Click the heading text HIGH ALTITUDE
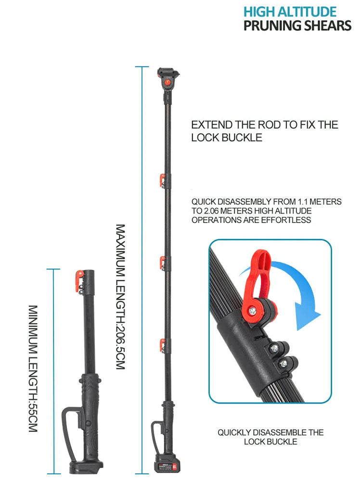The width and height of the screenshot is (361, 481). click(x=290, y=12)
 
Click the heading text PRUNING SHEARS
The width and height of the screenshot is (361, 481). click(x=297, y=25)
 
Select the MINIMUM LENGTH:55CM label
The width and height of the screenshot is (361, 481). click(x=33, y=368)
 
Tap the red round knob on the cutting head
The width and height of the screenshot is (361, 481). click(x=168, y=82)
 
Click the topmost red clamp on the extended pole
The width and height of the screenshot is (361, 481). click(x=162, y=180)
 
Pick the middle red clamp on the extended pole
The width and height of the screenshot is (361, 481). click(x=162, y=263)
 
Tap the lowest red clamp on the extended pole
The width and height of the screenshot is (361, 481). click(x=162, y=345)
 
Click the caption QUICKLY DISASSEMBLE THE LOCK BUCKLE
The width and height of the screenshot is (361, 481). click(x=271, y=437)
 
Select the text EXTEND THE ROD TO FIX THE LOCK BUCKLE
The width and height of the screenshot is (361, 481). click(x=265, y=131)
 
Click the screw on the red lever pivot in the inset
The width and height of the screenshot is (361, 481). click(x=253, y=311)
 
